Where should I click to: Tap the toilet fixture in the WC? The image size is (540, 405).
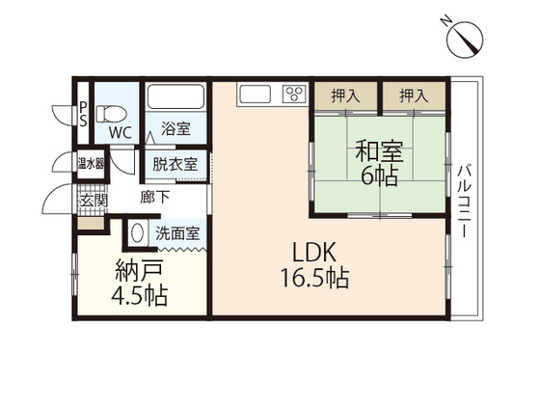(110, 104)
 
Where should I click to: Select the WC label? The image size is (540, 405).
(120, 131)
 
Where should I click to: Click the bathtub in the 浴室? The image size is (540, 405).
(175, 100)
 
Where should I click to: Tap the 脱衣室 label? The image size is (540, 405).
(175, 163)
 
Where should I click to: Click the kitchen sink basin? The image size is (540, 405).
(256, 94)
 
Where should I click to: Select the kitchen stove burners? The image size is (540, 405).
(292, 94)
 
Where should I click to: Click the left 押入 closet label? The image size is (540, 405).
(344, 95)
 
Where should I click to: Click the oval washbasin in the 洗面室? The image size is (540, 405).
(136, 233)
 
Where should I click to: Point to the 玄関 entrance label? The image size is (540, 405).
(94, 202)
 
